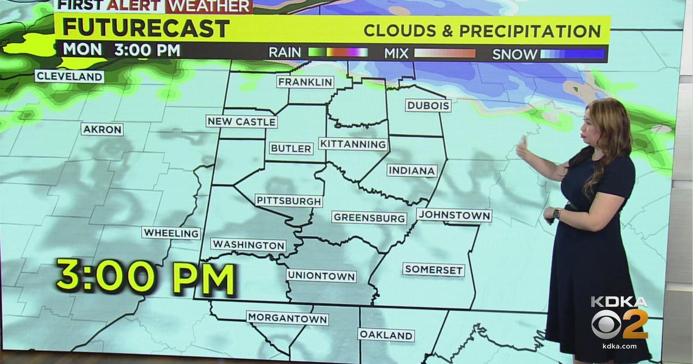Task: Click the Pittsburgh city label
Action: click(x=289, y=201)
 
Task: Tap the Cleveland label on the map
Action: click(x=69, y=76)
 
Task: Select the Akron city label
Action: click(x=102, y=129)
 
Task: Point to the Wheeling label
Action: click(x=171, y=233)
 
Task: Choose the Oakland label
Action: click(x=386, y=335)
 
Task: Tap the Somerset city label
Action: click(x=434, y=270)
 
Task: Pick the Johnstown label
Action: click(x=454, y=216)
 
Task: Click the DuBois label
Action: click(x=428, y=106)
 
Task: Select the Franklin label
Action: click(x=305, y=82)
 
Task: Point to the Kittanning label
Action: click(x=353, y=144)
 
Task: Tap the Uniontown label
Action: click(x=321, y=276)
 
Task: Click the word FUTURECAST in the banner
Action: click(x=146, y=28)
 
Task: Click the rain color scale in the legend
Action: click(x=338, y=53)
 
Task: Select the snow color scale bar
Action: click(x=572, y=54)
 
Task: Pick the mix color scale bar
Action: click(x=445, y=54)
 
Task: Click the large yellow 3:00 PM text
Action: click(x=145, y=278)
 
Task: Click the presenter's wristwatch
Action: click(x=557, y=214)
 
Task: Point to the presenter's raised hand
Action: click(x=522, y=148)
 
